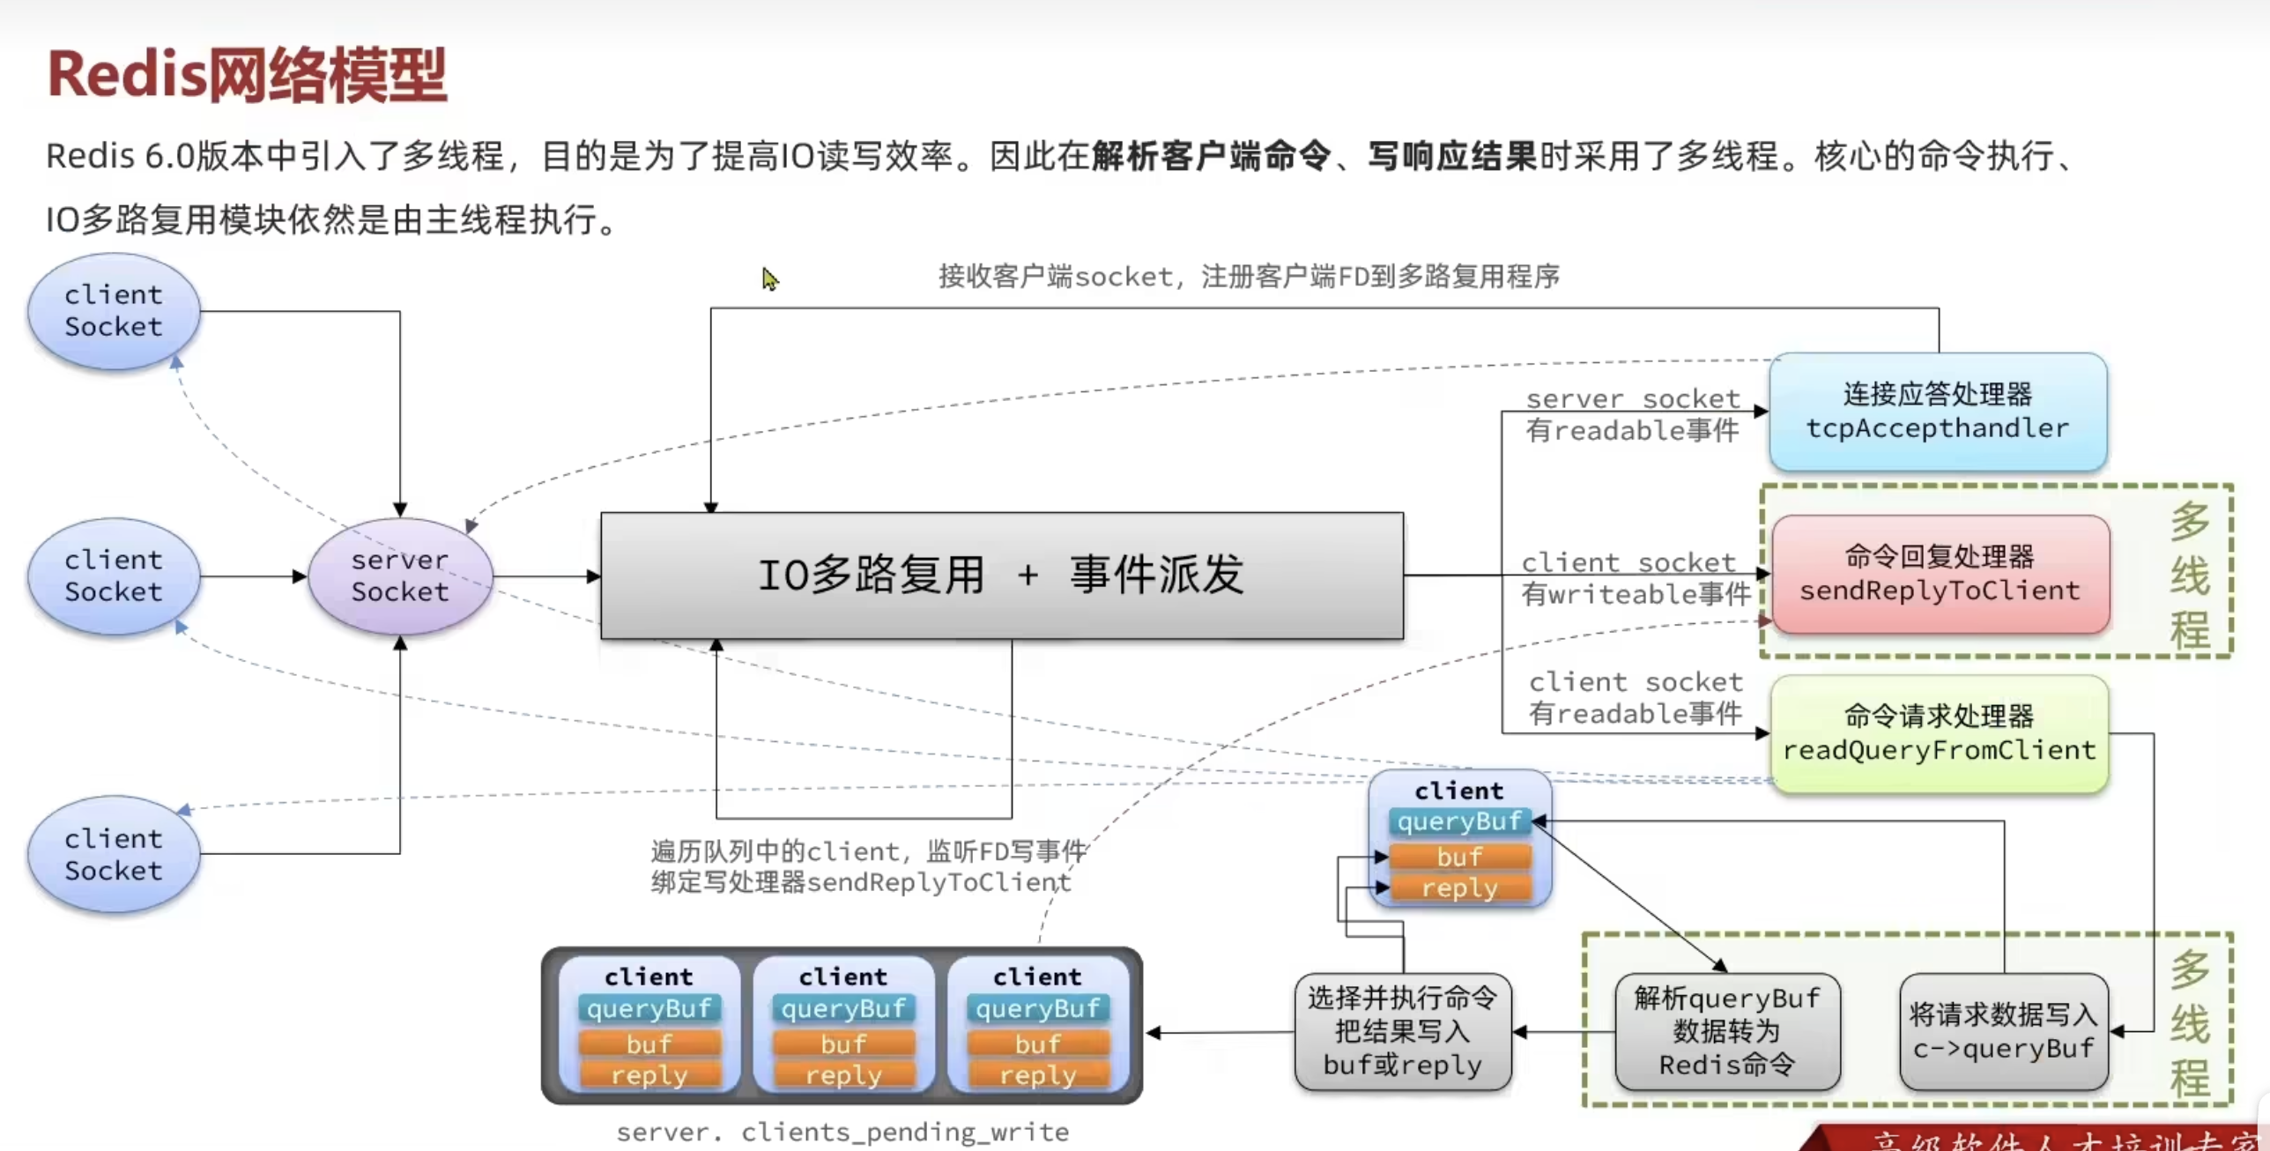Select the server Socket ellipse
(400, 576)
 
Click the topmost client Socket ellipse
(114, 311)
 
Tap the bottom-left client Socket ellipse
(114, 854)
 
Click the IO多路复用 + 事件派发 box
(1002, 575)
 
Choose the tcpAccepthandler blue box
(1937, 412)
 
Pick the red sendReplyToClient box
(1940, 574)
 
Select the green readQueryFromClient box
(1939, 733)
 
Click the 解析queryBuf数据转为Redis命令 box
(1726, 1031)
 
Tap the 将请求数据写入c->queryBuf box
(2003, 1031)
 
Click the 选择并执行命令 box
(1402, 1031)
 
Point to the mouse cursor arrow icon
(769, 278)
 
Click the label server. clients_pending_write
(842, 1132)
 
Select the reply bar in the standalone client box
(1459, 887)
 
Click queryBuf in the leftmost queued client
(649, 1008)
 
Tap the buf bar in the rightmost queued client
(1037, 1044)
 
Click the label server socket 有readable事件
(1632, 414)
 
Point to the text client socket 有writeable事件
(1634, 578)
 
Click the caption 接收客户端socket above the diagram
(1248, 277)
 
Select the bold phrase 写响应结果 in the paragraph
(1451, 156)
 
